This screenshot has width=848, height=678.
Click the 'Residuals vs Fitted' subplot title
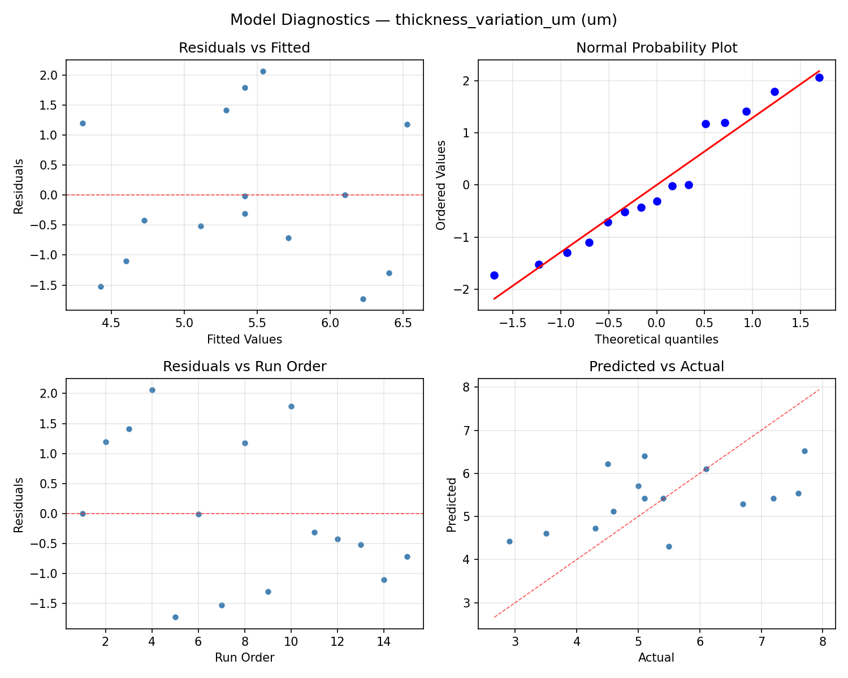point(244,48)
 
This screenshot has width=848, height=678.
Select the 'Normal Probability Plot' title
point(656,48)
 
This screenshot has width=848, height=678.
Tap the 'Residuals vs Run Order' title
point(244,367)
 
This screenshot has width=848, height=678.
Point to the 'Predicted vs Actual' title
point(656,367)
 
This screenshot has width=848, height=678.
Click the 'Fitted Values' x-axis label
point(244,340)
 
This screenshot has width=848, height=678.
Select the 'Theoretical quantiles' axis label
point(656,340)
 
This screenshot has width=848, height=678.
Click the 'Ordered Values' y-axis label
point(441,185)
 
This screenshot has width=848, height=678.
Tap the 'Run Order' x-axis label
point(244,658)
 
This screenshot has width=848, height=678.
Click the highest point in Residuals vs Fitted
point(263,71)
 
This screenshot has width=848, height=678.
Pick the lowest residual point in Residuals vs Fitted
point(363,299)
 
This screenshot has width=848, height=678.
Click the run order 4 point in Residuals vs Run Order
point(152,390)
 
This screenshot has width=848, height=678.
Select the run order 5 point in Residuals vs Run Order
point(175,617)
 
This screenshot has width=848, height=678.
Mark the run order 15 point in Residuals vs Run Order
point(407,557)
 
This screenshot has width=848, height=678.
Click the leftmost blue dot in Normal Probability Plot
point(494,275)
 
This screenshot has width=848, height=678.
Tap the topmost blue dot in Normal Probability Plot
point(819,77)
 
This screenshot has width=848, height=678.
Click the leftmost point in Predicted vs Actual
point(509,541)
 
